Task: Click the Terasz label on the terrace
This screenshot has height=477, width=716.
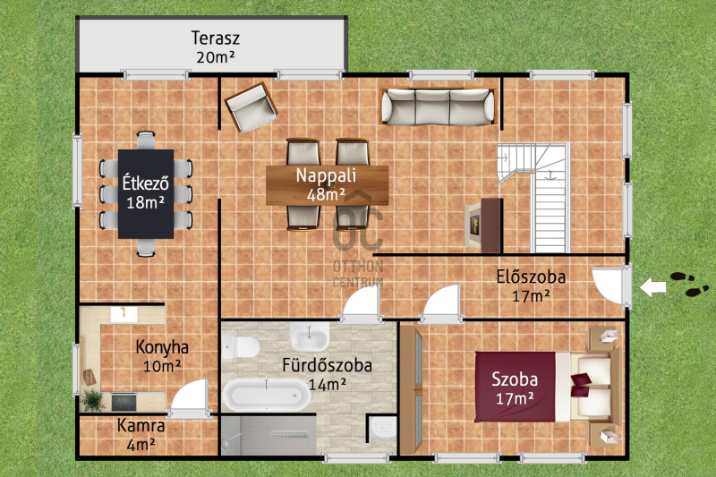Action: [215, 38]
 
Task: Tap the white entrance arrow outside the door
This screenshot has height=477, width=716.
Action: [652, 287]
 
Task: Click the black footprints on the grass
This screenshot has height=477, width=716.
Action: [688, 284]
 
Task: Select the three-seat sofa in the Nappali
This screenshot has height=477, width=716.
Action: [438, 106]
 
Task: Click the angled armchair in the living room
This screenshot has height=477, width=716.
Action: [251, 107]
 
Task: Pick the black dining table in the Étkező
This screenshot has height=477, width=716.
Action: [146, 194]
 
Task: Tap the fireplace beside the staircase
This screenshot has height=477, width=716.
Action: [482, 225]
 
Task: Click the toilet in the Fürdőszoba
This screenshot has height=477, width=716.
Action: [240, 347]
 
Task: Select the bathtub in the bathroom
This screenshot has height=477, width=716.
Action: [266, 395]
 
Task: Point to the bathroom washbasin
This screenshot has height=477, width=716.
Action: [310, 336]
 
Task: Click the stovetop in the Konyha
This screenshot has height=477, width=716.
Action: [124, 402]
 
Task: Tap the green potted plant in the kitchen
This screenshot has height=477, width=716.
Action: [93, 400]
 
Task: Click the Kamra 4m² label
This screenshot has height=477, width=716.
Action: [141, 435]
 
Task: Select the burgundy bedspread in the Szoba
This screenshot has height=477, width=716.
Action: [516, 387]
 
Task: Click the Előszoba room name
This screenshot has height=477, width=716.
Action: [531, 277]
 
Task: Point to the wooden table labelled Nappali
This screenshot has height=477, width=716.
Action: [327, 185]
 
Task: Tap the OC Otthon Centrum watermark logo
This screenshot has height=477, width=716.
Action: [357, 241]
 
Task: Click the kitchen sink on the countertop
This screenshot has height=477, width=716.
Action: [124, 313]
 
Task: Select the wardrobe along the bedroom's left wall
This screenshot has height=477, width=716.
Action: [412, 390]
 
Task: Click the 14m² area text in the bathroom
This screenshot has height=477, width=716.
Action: [327, 384]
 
